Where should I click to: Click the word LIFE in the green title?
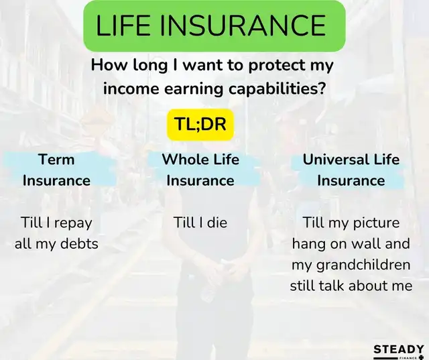tap(123, 25)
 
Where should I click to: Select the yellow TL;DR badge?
tap(200, 125)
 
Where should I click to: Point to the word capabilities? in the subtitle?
tap(277, 89)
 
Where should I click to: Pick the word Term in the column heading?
tap(56, 160)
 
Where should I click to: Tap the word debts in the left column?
tap(79, 243)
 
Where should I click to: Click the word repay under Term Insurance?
tap(73, 223)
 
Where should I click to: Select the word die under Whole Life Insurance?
tap(217, 222)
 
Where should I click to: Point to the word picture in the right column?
tap(376, 223)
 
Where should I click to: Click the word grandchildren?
tap(363, 265)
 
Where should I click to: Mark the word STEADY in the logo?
tap(398, 349)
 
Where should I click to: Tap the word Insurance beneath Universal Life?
tap(351, 181)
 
